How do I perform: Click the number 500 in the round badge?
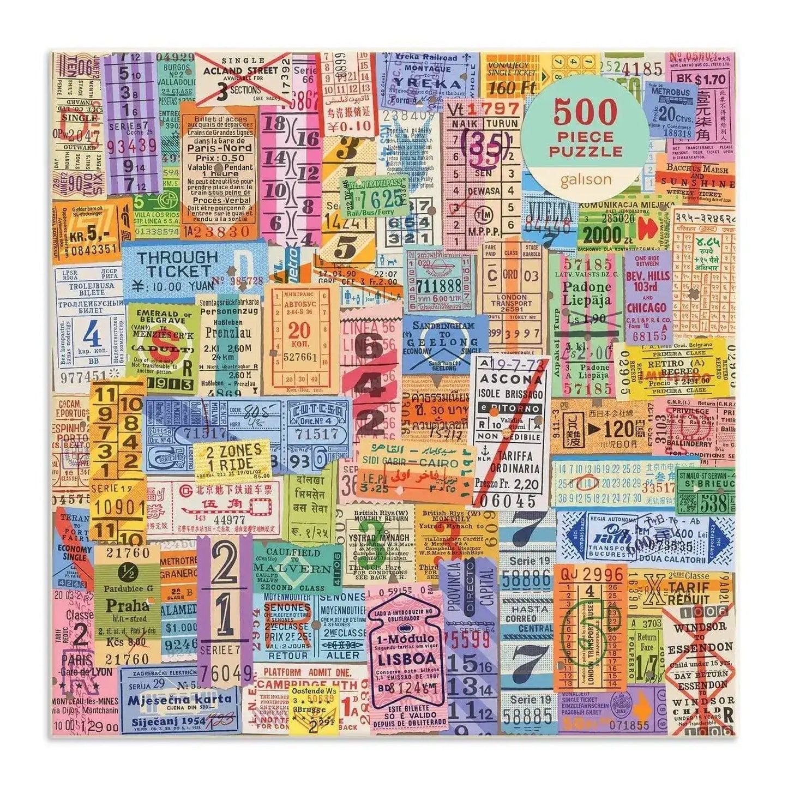coord(586,112)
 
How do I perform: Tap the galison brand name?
coord(586,179)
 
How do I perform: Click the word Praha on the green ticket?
coord(127,605)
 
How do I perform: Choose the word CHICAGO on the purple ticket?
coord(646,306)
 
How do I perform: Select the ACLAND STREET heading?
coord(240,71)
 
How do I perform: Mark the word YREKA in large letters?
coord(419,83)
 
